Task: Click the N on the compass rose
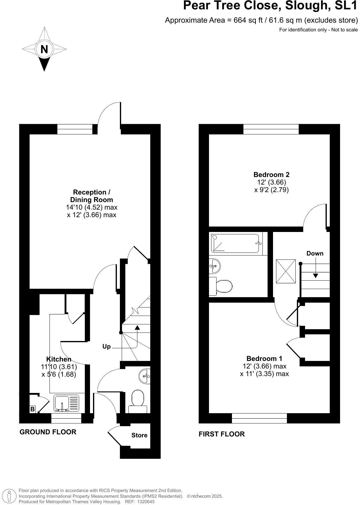pyautogui.click(x=44, y=49)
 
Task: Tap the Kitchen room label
pyautogui.click(x=59, y=359)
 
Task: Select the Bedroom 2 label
pyautogui.click(x=271, y=175)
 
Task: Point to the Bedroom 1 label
pyautogui.click(x=264, y=359)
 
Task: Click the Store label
pyautogui.click(x=139, y=435)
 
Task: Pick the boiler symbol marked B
pyautogui.click(x=32, y=410)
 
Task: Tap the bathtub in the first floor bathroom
pyautogui.click(x=235, y=243)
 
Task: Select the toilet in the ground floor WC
pyautogui.click(x=138, y=400)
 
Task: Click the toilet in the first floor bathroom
pyautogui.click(x=222, y=286)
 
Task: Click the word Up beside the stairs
pyautogui.click(x=107, y=346)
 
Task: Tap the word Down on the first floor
pyautogui.click(x=315, y=253)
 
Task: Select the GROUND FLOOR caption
pyautogui.click(x=48, y=432)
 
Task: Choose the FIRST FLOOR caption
pyautogui.click(x=221, y=434)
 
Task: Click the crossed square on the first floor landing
pyautogui.click(x=286, y=271)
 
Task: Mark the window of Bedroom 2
pyautogui.click(x=271, y=129)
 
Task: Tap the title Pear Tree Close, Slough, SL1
pyautogui.click(x=270, y=6)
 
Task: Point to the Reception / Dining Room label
pyautogui.click(x=92, y=196)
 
